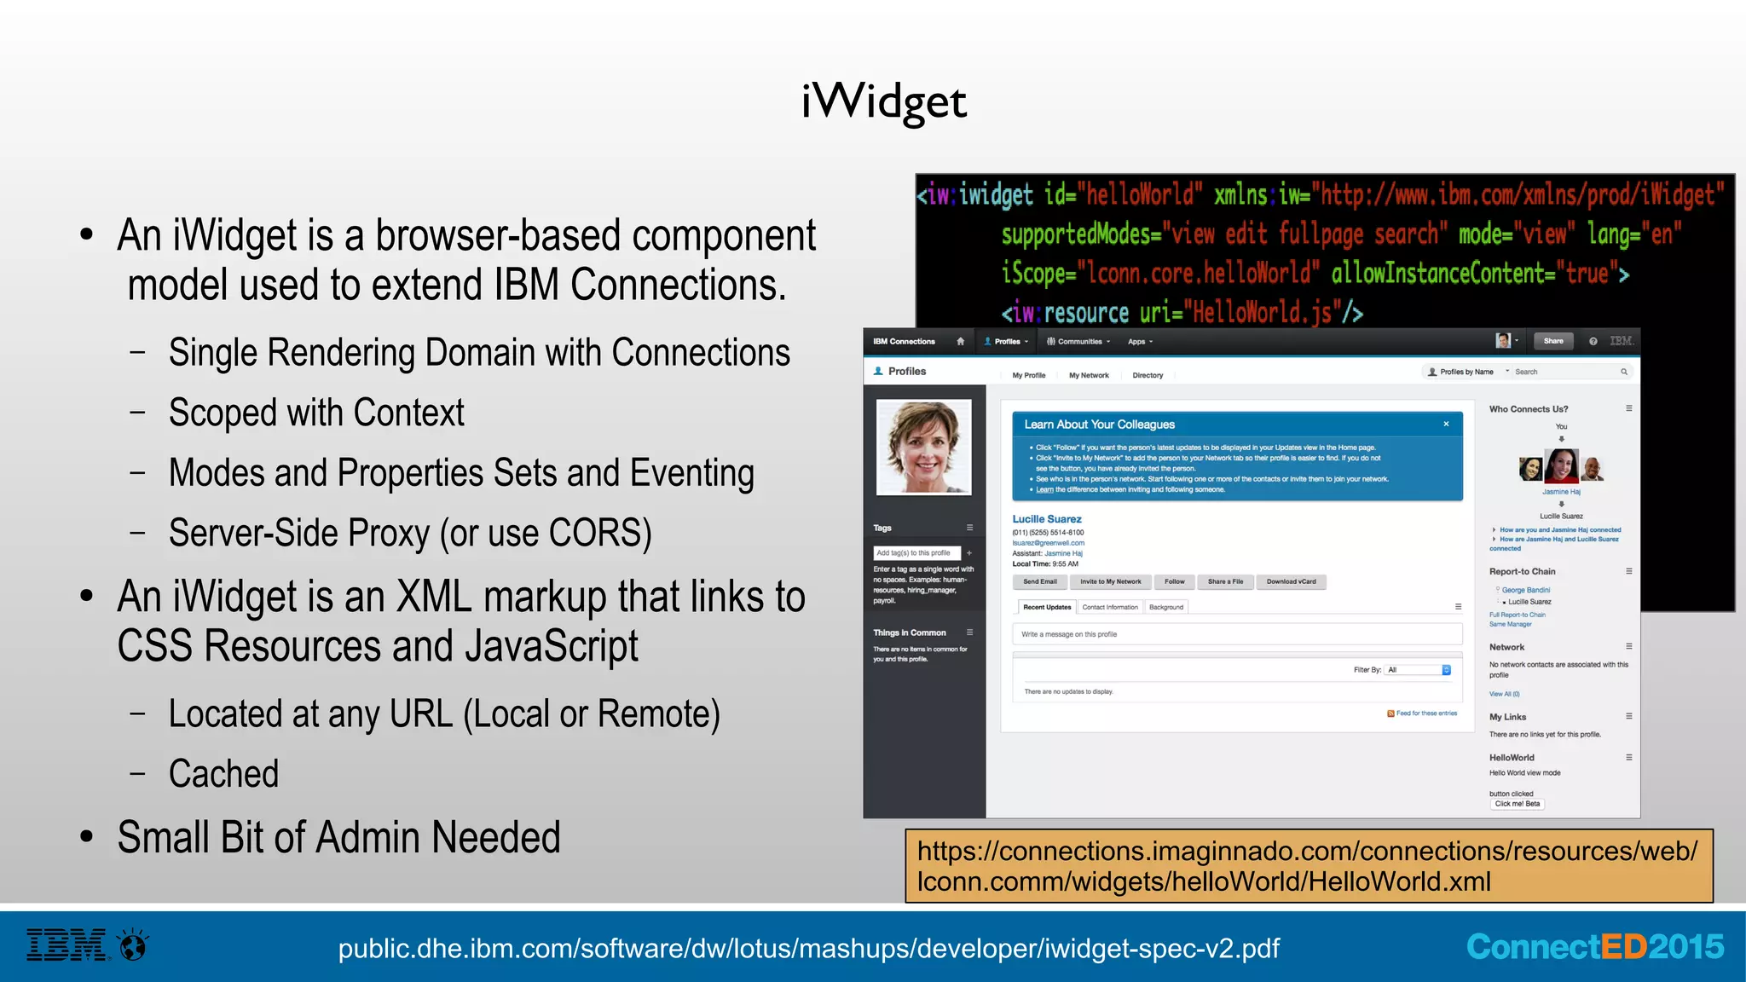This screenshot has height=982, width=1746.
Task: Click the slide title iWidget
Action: click(x=884, y=102)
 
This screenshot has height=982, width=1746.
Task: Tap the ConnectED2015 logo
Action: click(x=1594, y=947)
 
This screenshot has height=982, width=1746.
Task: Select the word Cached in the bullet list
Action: click(x=223, y=774)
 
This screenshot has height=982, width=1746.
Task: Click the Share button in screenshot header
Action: click(x=1552, y=341)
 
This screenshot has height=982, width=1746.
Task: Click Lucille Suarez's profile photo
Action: click(x=924, y=447)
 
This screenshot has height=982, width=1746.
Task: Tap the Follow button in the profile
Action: click(x=1174, y=582)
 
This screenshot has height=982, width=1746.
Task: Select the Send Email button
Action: click(x=1039, y=582)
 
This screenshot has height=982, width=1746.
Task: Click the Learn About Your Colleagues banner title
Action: click(x=1099, y=425)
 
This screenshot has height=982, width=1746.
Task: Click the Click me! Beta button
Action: click(x=1517, y=804)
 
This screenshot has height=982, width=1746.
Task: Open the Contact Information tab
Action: click(x=1110, y=608)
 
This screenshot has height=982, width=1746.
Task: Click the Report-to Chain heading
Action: click(x=1522, y=572)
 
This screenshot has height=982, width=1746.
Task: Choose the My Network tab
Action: click(x=1089, y=375)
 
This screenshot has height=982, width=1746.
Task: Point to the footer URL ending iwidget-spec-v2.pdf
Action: click(x=808, y=948)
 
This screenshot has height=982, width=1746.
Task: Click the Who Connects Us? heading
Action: click(x=1528, y=409)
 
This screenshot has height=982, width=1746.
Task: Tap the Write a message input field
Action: click(x=1236, y=634)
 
